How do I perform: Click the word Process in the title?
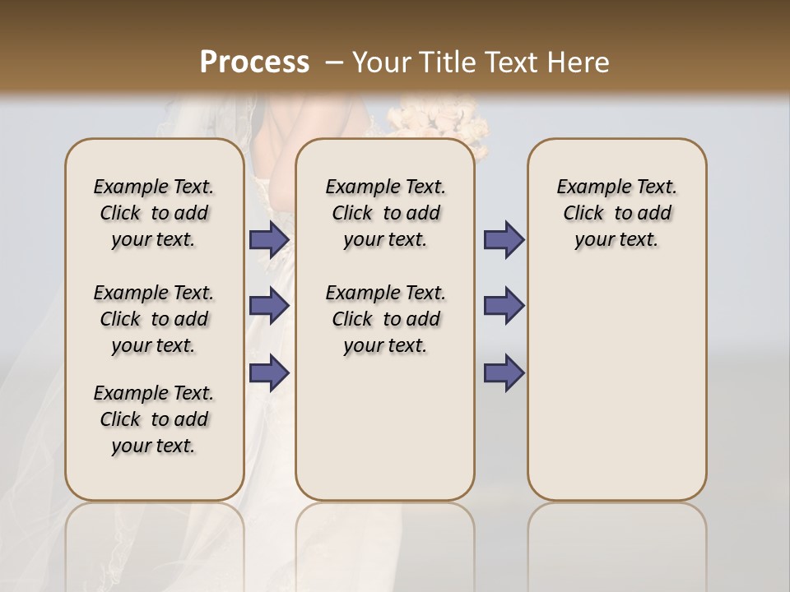click(x=254, y=62)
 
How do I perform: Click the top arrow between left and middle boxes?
click(x=268, y=240)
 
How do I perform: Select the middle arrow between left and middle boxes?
click(x=268, y=306)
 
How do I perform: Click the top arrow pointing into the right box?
click(x=504, y=240)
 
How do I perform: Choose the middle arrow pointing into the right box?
click(x=504, y=306)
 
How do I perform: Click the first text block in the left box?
click(x=154, y=213)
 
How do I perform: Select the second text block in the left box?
click(x=154, y=319)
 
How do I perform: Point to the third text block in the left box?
click(x=154, y=419)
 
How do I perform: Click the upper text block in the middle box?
click(x=385, y=213)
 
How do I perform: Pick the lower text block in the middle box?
click(x=385, y=319)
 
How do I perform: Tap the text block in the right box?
click(x=617, y=213)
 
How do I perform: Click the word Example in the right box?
click(x=588, y=187)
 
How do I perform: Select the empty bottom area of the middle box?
click(x=385, y=436)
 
